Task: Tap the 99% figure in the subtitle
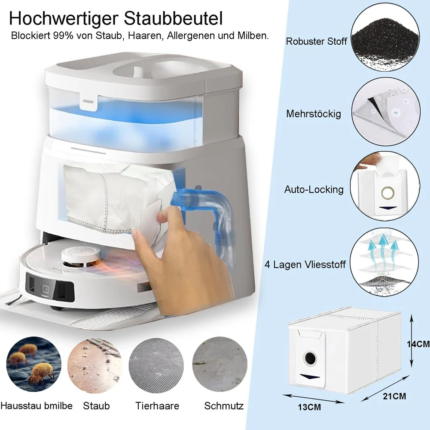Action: coord(64,36)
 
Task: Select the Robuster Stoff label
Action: coord(316,42)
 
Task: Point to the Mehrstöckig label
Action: coord(314,114)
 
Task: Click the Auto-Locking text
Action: coord(314,189)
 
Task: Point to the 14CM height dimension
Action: coord(418,344)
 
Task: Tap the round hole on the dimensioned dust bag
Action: coord(310,357)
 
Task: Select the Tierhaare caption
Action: coord(157,406)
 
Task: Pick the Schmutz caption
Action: coord(224,406)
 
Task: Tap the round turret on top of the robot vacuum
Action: coord(81,257)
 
